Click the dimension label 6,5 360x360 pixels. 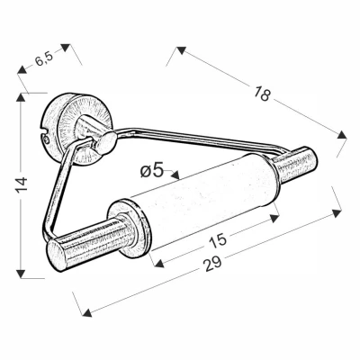[44, 58]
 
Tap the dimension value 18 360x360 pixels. [262, 94]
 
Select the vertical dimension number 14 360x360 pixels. [22, 184]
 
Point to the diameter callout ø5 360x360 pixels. [152, 171]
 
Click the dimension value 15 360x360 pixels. [218, 240]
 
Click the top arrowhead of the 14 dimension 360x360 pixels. [21, 97]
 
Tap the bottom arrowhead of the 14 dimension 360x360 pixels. [21, 274]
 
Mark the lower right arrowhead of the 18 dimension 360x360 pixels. [342, 135]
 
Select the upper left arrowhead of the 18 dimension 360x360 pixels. [181, 50]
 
